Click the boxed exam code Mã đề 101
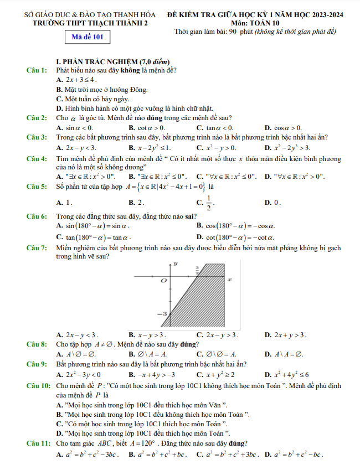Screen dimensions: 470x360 87,38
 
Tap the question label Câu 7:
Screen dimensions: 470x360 37,247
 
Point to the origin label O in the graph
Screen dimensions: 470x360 163,281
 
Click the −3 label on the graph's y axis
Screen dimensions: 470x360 162,314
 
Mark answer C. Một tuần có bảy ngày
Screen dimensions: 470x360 89,99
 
